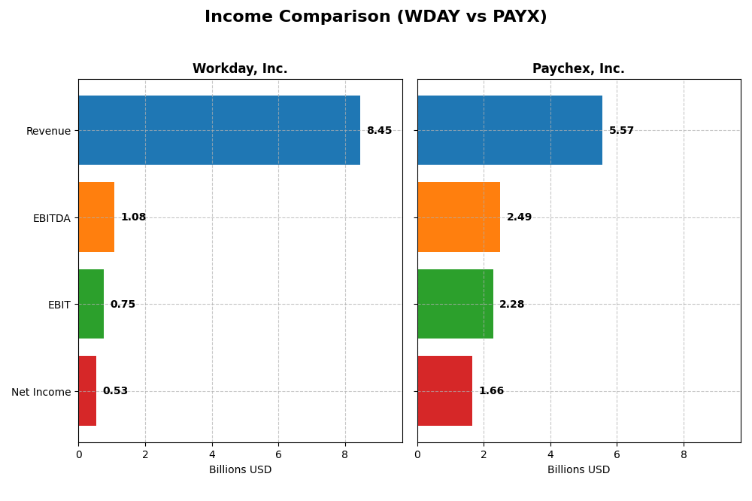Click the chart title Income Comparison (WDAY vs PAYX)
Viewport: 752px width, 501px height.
point(375,17)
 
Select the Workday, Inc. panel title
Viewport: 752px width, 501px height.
point(240,68)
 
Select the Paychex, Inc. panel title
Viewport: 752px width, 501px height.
point(578,68)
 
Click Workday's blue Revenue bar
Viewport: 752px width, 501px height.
point(219,130)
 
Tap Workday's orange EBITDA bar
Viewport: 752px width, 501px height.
point(96,217)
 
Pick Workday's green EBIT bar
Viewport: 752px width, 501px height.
point(91,304)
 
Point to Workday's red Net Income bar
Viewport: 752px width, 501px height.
point(87,390)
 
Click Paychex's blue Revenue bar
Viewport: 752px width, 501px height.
point(510,130)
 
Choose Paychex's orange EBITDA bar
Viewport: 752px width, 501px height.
point(459,217)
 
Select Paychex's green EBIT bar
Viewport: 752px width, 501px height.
point(455,304)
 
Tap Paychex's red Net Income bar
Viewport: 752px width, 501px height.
point(444,390)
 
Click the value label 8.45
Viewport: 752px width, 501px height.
point(379,131)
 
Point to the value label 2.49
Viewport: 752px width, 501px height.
point(519,217)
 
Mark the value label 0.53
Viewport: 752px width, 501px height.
point(115,391)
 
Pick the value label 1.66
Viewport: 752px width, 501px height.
point(491,391)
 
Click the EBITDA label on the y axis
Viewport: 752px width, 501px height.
point(51,218)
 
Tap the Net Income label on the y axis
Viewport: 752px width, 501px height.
point(41,392)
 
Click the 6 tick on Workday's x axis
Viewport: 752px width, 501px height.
point(278,454)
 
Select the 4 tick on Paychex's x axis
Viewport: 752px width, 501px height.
point(550,454)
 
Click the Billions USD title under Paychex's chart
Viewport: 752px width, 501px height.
point(578,469)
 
